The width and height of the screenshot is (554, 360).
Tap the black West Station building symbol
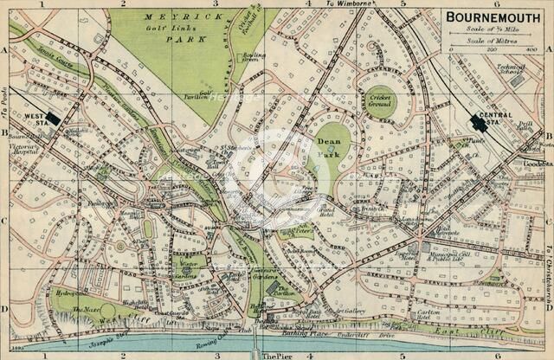pyautogui.click(x=54, y=119)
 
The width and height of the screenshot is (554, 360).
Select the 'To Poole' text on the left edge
pyautogui.click(x=4, y=112)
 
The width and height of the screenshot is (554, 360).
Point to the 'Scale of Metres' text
pyautogui.click(x=491, y=41)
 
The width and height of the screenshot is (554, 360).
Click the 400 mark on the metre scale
pyautogui.click(x=531, y=50)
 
